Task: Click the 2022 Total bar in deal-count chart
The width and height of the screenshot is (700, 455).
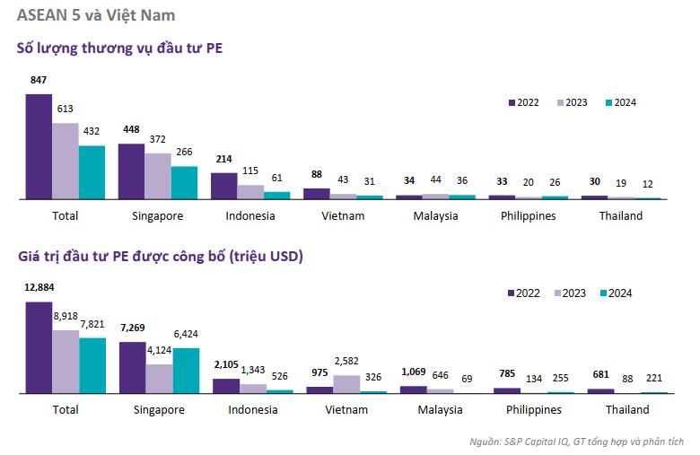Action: (39, 145)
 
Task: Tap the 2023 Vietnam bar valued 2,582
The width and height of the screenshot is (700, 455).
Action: (346, 384)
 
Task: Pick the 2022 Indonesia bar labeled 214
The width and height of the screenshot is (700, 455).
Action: (223, 185)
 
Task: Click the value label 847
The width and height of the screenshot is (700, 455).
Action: (39, 81)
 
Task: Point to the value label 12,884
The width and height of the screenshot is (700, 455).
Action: (39, 288)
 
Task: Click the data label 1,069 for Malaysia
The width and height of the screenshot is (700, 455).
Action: (413, 372)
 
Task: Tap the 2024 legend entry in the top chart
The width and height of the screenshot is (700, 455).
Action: (620, 102)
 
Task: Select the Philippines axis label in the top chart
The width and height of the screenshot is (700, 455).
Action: (529, 216)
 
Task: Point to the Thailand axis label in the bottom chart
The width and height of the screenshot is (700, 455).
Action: (627, 410)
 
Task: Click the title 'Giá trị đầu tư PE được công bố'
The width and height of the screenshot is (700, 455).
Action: (161, 257)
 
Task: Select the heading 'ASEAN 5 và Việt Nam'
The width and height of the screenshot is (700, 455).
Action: (96, 15)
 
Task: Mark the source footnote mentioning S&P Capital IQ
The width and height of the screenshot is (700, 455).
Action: (576, 442)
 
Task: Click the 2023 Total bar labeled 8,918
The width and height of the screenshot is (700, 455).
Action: (66, 362)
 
